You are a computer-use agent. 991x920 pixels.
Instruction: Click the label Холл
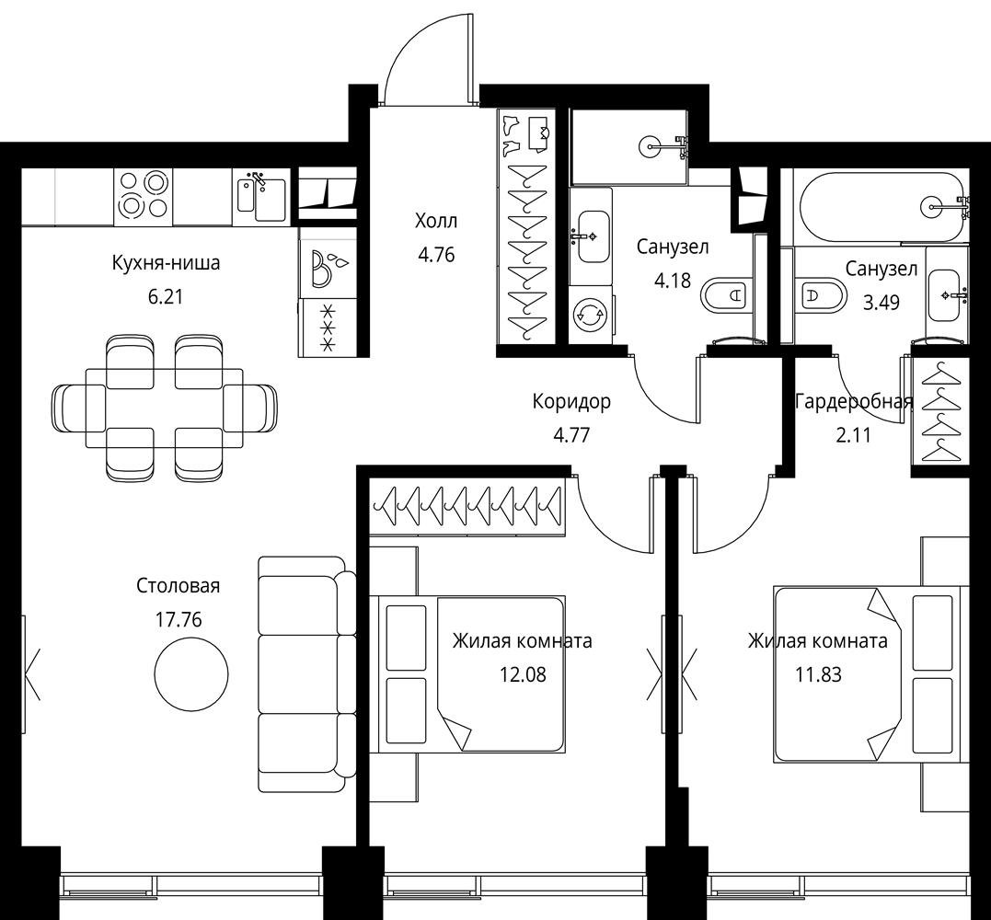click(x=435, y=221)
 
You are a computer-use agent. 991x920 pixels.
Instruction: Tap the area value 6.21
click(x=165, y=296)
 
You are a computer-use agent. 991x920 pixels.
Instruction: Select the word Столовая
click(x=179, y=586)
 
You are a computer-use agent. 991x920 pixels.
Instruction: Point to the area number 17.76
click(x=179, y=620)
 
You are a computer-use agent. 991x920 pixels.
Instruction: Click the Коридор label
click(x=571, y=402)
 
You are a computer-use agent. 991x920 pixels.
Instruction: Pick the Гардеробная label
click(x=854, y=402)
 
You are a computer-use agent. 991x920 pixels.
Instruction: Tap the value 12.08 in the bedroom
click(x=523, y=675)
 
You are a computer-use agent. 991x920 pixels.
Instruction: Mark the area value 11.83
click(x=818, y=675)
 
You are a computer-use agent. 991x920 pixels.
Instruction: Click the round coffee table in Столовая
click(x=191, y=673)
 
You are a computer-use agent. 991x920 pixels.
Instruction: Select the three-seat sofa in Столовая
click(x=306, y=674)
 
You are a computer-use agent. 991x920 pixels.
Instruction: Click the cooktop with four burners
click(x=144, y=195)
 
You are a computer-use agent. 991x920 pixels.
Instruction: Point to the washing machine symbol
click(x=591, y=315)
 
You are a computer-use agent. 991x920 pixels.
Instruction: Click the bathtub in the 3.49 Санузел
click(x=884, y=206)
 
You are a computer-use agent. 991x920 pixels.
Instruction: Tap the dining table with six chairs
click(x=165, y=408)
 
